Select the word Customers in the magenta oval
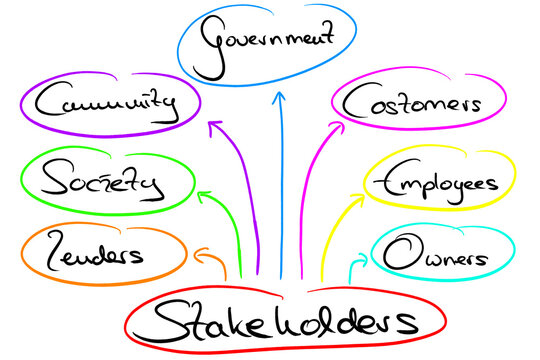[x=411, y=102]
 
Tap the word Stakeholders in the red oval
[x=284, y=322]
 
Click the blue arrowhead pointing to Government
[x=280, y=98]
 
